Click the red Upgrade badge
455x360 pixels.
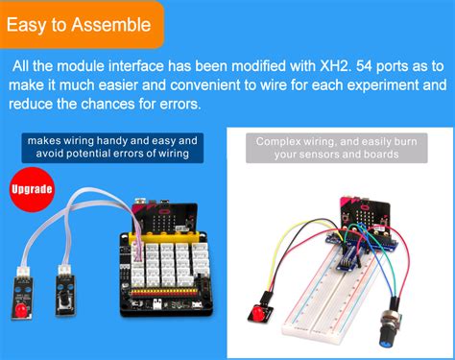pos(32,189)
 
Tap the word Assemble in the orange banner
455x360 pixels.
pos(110,25)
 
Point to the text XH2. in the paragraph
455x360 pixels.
pos(336,66)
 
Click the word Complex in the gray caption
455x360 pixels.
pos(278,142)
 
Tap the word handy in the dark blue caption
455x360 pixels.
pos(112,140)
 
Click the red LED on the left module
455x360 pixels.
pos(21,309)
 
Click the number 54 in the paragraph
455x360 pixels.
pos(364,66)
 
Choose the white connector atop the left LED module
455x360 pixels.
pos(23,271)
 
